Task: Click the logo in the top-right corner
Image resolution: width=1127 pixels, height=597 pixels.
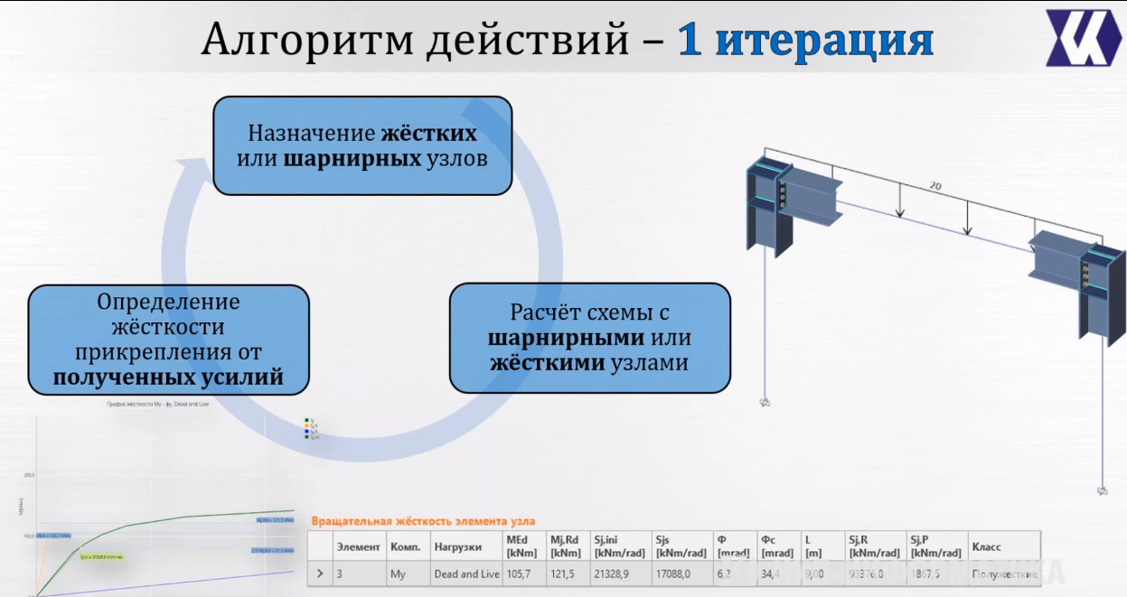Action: pyautogui.click(x=1083, y=37)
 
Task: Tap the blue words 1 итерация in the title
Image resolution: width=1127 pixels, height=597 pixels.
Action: pyautogui.click(x=805, y=40)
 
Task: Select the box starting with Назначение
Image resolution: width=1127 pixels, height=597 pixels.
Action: pyautogui.click(x=362, y=146)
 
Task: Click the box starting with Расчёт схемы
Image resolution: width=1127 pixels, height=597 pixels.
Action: pyautogui.click(x=589, y=338)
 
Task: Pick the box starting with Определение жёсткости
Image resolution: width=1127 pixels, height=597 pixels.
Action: pyautogui.click(x=168, y=339)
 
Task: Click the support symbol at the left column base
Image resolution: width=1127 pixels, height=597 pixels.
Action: pyautogui.click(x=765, y=403)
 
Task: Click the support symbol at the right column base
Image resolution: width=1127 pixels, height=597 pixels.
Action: pyautogui.click(x=1102, y=490)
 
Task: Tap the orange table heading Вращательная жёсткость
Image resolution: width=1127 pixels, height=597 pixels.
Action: pyautogui.click(x=423, y=521)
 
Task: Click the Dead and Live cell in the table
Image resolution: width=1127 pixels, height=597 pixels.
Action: pyautogui.click(x=466, y=574)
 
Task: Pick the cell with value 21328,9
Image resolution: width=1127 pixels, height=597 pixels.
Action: pyautogui.click(x=613, y=574)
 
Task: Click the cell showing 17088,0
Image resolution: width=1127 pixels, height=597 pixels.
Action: pyautogui.click(x=674, y=574)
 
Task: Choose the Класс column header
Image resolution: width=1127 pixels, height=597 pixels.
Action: pyautogui.click(x=986, y=546)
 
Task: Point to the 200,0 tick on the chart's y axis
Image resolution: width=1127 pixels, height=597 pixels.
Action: pyautogui.click(x=29, y=475)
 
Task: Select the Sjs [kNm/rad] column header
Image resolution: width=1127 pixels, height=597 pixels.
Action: pyautogui.click(x=681, y=546)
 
